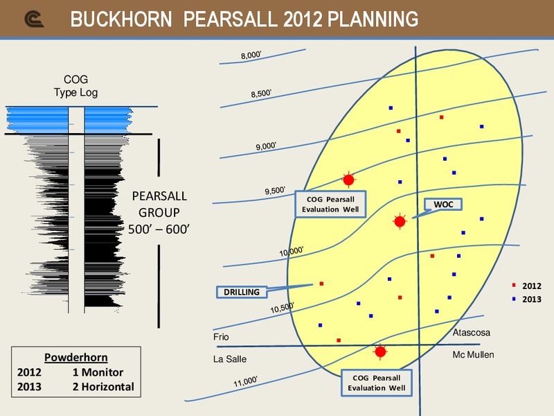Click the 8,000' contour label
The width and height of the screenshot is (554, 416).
point(251,55)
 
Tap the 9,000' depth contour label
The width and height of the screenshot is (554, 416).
point(266,146)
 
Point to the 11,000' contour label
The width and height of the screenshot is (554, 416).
point(245,382)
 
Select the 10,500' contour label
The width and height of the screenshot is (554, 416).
point(282,308)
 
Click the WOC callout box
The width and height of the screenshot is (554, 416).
point(443,205)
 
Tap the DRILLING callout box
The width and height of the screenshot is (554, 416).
point(242,292)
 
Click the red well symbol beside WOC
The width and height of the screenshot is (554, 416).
point(400,221)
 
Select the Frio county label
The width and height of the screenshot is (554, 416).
point(221,336)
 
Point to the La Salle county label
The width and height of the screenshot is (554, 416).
point(230,359)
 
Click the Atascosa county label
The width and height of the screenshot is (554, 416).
point(472,333)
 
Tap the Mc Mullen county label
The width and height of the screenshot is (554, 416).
point(473,354)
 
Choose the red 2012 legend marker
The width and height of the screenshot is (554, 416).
point(514,285)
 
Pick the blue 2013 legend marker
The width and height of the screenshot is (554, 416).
point(514,299)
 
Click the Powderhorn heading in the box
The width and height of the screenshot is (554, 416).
point(76,358)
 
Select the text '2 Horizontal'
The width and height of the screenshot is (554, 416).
point(103,387)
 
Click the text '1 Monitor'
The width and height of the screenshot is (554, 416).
point(98,372)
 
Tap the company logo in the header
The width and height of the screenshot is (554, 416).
point(34,19)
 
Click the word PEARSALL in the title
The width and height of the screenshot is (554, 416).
point(231,19)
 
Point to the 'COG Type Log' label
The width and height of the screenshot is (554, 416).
point(75,86)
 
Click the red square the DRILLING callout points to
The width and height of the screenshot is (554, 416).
point(321,284)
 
